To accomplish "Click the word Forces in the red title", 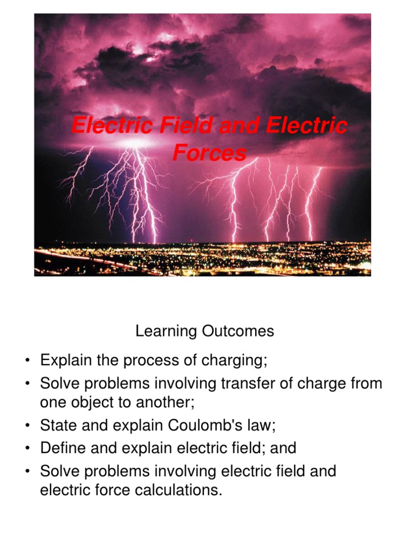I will (209, 154).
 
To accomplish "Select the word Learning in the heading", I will (166, 332).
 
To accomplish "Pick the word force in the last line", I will (108, 490).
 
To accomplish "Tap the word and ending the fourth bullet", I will (283, 448).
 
